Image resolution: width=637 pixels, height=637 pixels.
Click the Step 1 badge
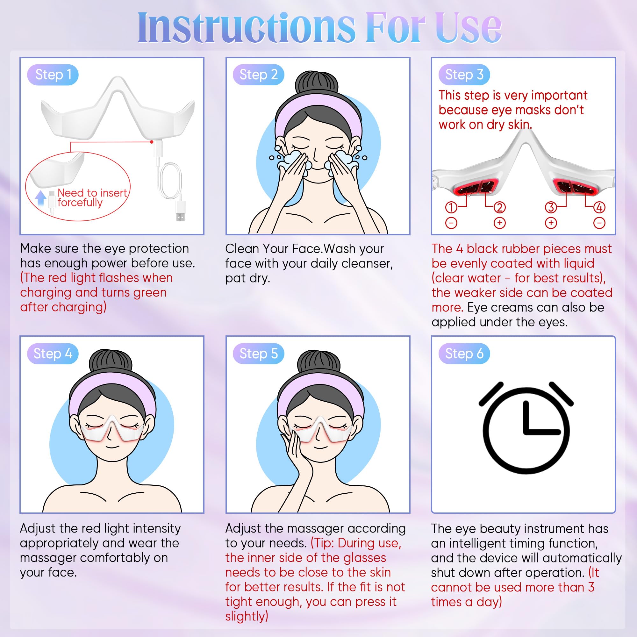(53, 75)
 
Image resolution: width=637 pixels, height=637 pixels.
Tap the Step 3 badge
(464, 75)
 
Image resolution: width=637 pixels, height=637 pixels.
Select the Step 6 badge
(464, 354)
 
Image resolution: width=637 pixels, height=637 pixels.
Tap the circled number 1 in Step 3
(451, 207)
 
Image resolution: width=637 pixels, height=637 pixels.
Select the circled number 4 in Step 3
(599, 207)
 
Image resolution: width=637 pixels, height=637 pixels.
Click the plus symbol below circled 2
(499, 223)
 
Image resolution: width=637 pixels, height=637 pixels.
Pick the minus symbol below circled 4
(599, 223)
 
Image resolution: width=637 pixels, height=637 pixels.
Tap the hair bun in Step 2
(317, 83)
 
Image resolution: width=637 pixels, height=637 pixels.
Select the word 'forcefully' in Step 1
(80, 203)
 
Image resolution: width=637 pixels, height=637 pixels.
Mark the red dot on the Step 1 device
(152, 142)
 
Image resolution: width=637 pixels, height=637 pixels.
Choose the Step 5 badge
(259, 354)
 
